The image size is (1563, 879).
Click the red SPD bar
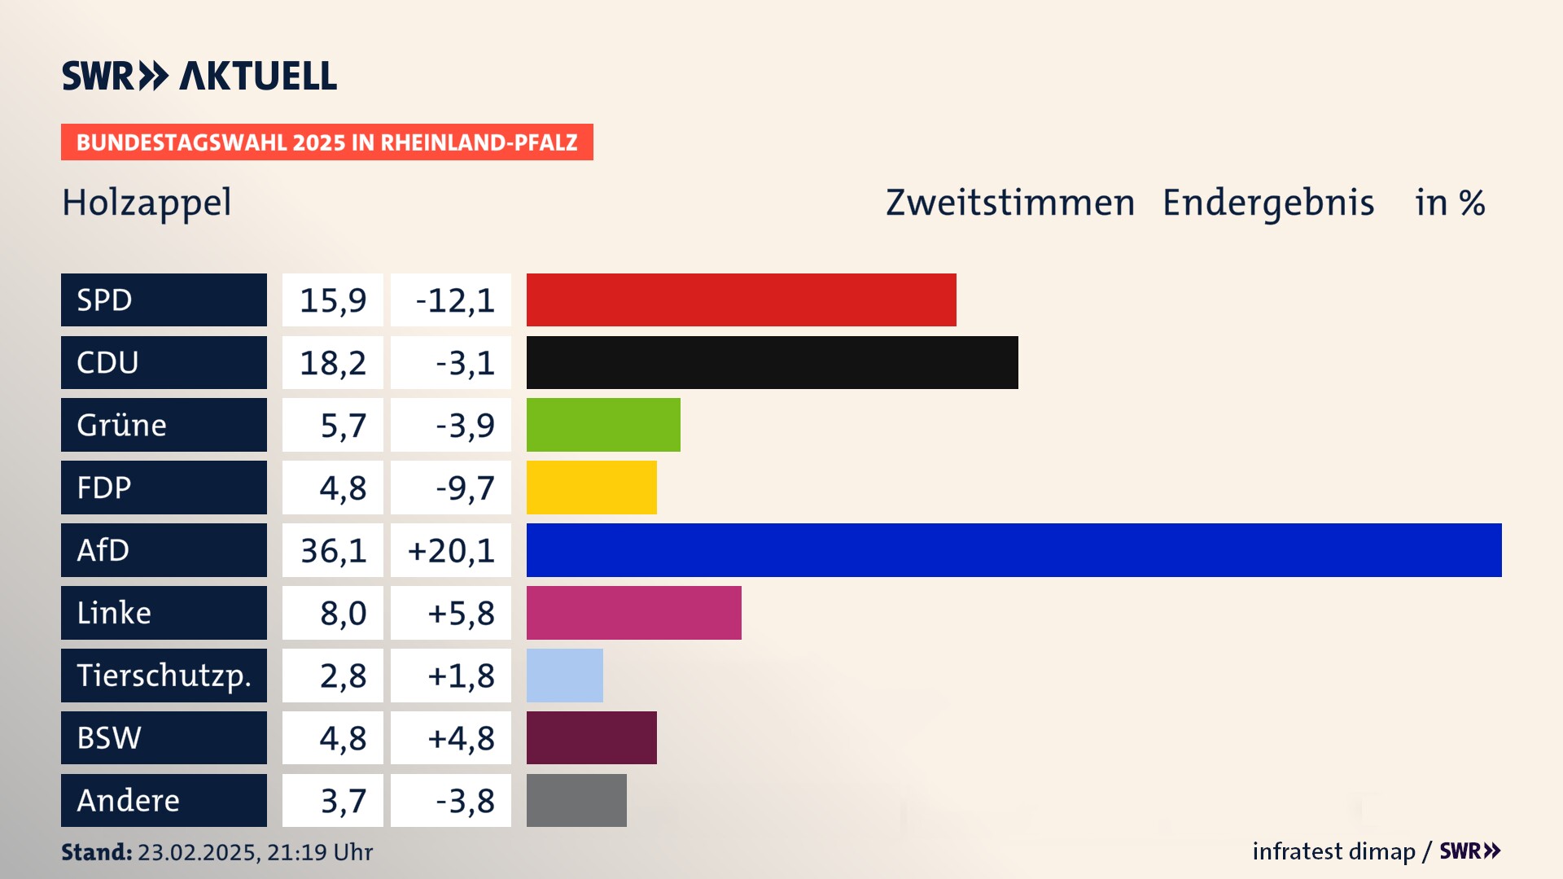741,300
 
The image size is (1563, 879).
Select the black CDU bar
772,362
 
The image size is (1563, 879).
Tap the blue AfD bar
1014,550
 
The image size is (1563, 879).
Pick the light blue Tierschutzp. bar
564,676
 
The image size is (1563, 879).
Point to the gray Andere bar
576,800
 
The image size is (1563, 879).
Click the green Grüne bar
603,425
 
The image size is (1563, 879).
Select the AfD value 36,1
333,550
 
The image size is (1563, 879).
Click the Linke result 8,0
343,613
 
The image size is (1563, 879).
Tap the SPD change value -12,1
454,300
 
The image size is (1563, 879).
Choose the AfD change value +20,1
451,550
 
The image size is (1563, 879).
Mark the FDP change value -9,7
465,488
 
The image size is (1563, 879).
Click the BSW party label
109,738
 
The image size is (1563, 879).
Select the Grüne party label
121,425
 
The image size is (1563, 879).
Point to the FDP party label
103,488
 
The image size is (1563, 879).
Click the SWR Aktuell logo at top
199,76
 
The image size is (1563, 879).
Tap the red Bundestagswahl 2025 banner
326,142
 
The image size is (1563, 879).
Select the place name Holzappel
147,203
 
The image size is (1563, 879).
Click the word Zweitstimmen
1009,203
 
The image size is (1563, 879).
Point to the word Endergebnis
1267,203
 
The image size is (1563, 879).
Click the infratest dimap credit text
1333,851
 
